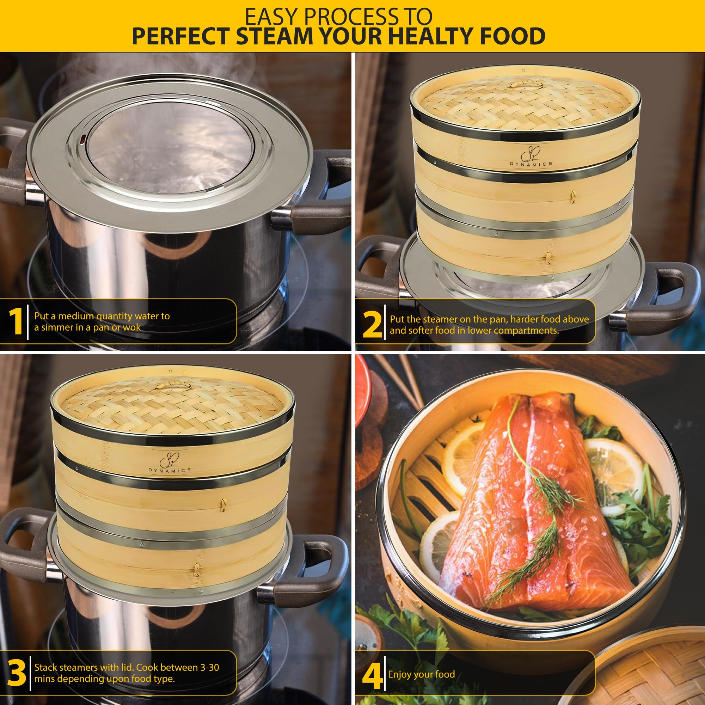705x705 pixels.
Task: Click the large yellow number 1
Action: (16, 321)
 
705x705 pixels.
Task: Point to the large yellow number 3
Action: (17, 672)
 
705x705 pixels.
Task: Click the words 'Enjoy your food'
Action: (422, 674)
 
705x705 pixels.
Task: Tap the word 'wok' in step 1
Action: (132, 327)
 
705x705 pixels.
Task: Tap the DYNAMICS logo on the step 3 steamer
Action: (170, 465)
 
